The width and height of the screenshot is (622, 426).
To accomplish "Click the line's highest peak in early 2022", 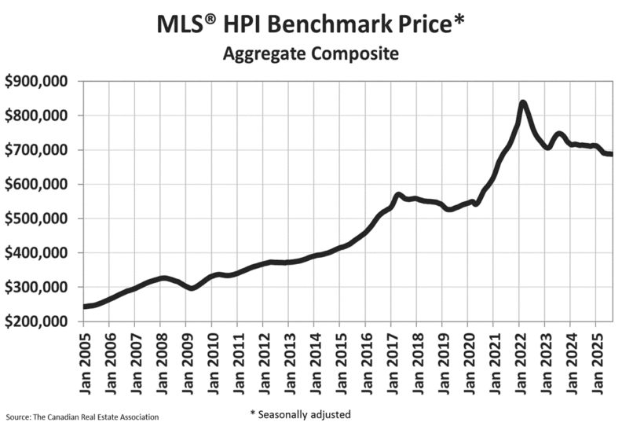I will pos(522,103).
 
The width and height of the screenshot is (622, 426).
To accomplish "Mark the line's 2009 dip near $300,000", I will pos(191,288).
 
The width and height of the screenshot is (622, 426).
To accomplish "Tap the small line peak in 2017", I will pos(399,194).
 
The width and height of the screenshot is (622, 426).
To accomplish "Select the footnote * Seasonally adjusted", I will pos(300,414).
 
